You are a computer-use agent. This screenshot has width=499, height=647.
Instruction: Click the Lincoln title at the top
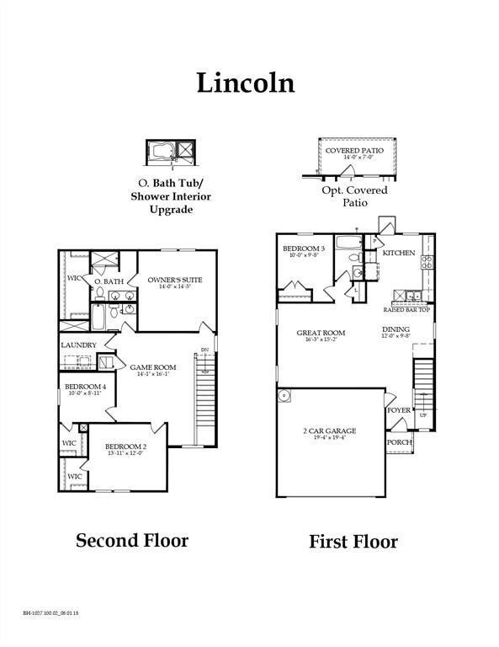246,83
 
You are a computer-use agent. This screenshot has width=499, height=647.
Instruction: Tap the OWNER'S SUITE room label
175,280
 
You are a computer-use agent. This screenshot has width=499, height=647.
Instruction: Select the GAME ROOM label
152,367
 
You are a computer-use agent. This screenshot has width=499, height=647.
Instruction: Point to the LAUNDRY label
78,345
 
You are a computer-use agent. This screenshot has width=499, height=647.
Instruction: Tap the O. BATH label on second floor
109,281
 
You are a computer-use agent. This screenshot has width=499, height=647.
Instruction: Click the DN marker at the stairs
204,350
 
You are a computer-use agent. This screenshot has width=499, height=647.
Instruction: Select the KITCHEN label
398,253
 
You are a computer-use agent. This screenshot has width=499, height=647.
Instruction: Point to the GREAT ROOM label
321,333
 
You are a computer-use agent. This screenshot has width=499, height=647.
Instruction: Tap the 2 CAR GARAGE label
329,430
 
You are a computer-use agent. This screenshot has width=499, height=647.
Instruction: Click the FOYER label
398,410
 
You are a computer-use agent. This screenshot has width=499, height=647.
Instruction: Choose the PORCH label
398,441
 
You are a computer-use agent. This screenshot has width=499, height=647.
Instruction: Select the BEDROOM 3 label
304,249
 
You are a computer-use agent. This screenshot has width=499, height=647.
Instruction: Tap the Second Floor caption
132,540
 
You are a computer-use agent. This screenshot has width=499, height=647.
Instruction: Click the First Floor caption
353,541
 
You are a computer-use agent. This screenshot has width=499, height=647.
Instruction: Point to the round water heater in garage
285,395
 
